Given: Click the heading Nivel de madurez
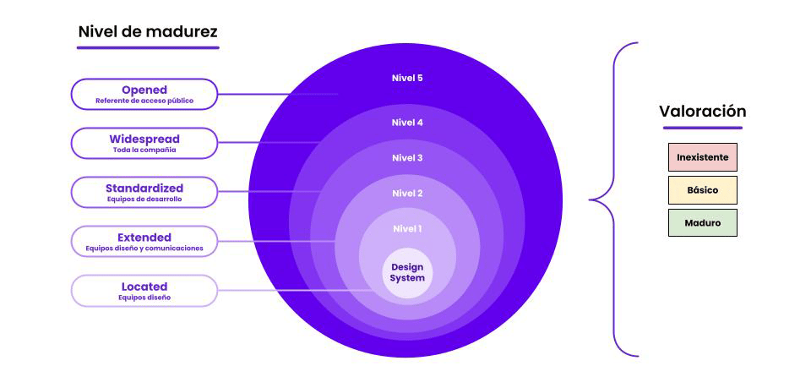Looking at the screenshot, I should [148, 31].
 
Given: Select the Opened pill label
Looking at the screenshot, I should [144, 94].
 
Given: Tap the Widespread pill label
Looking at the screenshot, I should [144, 143].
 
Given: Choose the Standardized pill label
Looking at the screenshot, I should [144, 192].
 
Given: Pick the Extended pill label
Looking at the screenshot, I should [144, 241].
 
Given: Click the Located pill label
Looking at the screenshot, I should [144, 290].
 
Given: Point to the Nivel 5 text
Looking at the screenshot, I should [407, 79].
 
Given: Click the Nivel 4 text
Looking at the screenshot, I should [407, 123].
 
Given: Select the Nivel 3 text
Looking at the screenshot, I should [407, 158].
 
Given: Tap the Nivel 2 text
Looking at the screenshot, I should [407, 194].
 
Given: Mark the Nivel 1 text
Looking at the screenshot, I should [407, 229].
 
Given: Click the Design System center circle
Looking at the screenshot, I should [407, 273].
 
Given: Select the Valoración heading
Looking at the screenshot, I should [702, 112].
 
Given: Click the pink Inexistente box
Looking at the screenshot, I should [702, 158].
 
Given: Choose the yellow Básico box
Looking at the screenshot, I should [702, 190].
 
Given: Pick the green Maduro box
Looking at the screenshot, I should [702, 223].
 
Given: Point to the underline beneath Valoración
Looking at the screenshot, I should [702, 128].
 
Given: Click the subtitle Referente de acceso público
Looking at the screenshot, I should [144, 101].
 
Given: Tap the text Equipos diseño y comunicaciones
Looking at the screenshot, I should [144, 249].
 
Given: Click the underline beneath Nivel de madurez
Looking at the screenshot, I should [148, 47].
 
